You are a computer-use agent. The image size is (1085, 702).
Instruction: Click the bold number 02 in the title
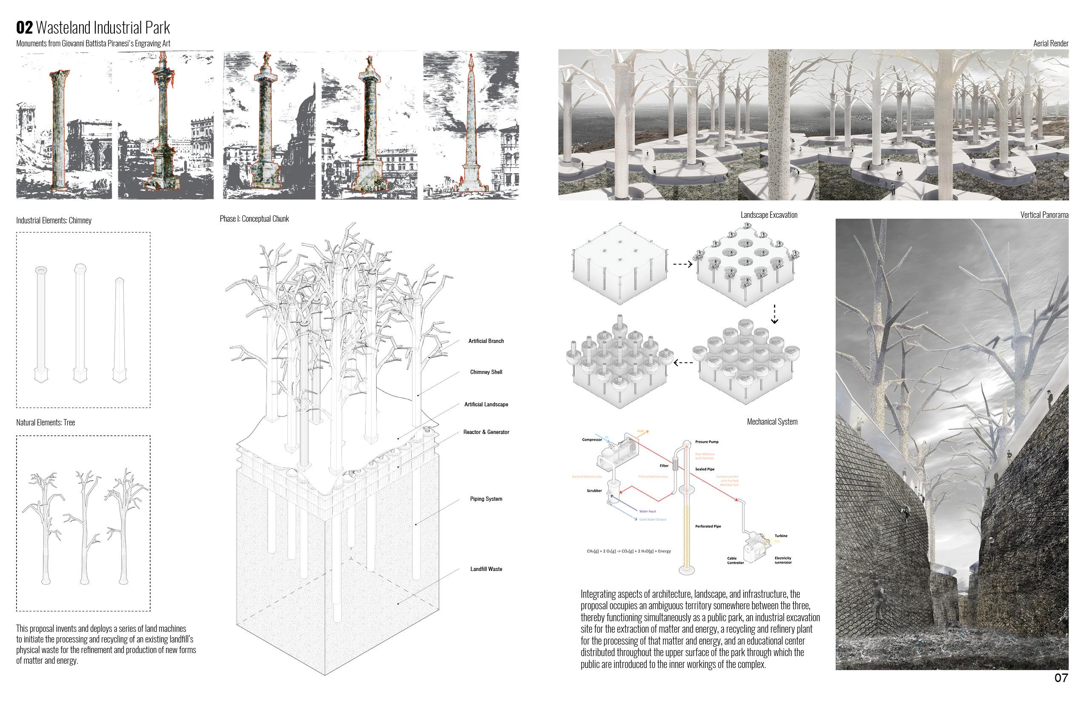tap(25, 28)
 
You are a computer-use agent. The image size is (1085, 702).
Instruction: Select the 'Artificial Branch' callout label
tap(486, 341)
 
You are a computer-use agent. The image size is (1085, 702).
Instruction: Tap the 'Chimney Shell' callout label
tap(486, 372)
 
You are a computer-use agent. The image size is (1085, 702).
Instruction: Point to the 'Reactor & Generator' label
tap(486, 432)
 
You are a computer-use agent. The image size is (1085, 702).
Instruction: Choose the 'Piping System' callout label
tap(486, 499)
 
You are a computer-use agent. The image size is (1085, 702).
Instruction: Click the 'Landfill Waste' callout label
tap(486, 569)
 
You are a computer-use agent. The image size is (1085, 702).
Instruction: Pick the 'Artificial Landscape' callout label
tap(486, 404)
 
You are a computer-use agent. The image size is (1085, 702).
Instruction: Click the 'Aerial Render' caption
tap(1051, 44)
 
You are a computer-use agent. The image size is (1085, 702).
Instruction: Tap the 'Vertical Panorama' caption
tap(1044, 215)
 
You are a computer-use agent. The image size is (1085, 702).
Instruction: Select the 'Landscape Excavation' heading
tap(768, 215)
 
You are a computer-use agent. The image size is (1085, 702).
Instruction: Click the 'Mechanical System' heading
tap(772, 422)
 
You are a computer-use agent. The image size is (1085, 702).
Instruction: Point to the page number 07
tap(1061, 678)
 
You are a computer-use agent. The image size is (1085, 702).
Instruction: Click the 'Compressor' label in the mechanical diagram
tap(592, 440)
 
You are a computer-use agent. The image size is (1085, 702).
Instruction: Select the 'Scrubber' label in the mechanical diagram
tap(594, 491)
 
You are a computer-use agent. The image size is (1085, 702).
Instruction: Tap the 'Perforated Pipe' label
tap(708, 527)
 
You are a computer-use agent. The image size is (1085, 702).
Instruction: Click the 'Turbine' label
tap(781, 536)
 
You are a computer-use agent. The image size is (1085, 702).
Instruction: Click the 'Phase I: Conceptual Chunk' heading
tap(254, 219)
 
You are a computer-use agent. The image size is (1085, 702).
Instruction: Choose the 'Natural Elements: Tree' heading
tap(46, 422)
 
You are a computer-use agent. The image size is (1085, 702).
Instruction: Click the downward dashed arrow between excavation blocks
tap(774, 314)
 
